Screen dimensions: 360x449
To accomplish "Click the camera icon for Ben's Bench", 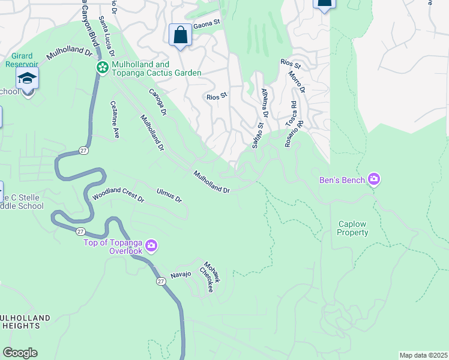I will (374, 179).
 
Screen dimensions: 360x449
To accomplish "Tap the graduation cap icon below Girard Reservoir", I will (27, 78).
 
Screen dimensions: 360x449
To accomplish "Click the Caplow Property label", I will (352, 228).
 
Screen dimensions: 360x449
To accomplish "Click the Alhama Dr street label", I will (265, 104).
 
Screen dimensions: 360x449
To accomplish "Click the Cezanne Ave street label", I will (115, 119).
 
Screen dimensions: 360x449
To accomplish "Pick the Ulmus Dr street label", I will (169, 196).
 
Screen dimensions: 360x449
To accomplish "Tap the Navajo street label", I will (181, 274).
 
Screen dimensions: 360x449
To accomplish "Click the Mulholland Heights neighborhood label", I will (21, 322).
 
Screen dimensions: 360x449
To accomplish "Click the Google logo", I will (20, 353).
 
